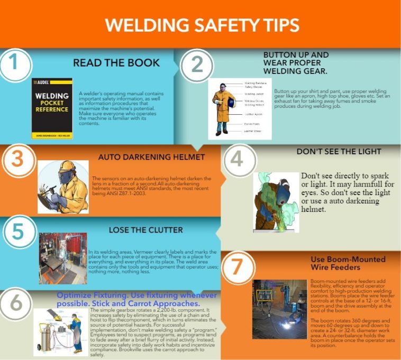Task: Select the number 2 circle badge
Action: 197,64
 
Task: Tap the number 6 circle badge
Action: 16,303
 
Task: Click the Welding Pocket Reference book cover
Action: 52,108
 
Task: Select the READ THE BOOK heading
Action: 116,63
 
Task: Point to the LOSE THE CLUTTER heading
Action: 145,230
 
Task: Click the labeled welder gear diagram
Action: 239,109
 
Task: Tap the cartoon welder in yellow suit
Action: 63,187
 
